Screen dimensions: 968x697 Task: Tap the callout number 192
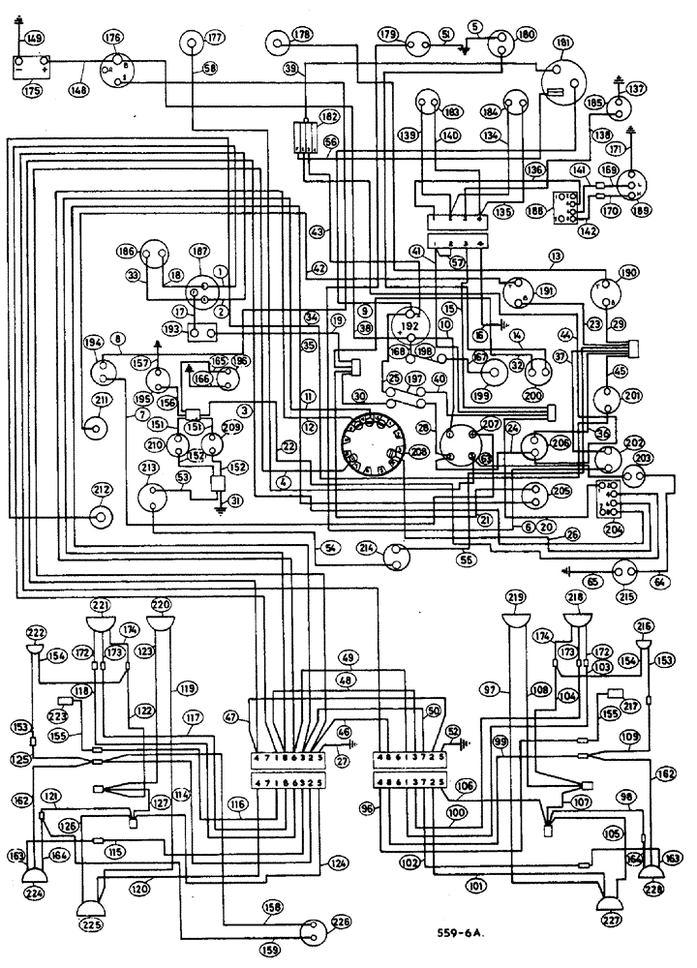click(411, 326)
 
